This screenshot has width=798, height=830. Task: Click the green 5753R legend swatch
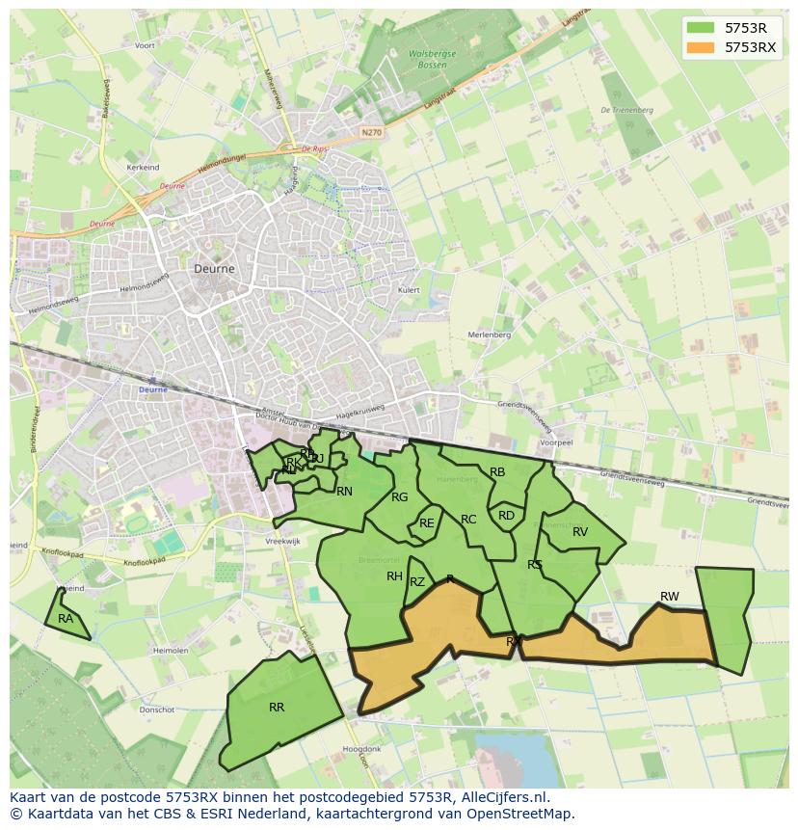point(702,28)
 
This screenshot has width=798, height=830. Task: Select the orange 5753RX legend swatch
point(702,47)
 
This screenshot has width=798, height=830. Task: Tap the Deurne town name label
point(214,269)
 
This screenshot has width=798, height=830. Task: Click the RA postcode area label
point(66,619)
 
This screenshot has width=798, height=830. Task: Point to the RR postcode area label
point(277,708)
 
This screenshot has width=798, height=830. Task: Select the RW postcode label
point(669,597)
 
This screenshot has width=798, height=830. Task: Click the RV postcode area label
point(580,532)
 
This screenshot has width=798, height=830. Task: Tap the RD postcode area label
point(506,516)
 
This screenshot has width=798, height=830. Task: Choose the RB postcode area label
point(497,472)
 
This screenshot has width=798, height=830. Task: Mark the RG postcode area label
point(400,497)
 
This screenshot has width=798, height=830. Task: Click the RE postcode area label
point(426,523)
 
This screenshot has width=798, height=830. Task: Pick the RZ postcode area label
point(417,582)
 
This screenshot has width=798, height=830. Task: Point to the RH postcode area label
point(394,576)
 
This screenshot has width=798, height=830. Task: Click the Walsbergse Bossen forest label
point(432,60)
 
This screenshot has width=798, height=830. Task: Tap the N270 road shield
point(371,132)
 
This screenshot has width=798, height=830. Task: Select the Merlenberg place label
point(489,335)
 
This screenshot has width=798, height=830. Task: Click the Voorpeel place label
point(557,442)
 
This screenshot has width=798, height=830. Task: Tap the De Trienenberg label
point(626,111)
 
